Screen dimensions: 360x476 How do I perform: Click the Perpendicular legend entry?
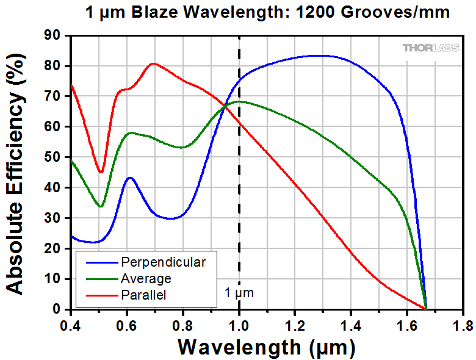(x=164, y=262)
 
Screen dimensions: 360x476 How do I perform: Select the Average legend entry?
(x=146, y=279)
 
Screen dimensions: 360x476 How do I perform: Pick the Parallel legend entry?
(x=143, y=295)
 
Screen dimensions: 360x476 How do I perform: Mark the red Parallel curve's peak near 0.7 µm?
(x=153, y=63)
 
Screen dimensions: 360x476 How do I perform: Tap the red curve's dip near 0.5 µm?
(x=101, y=172)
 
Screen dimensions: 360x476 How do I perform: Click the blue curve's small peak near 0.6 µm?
(x=130, y=178)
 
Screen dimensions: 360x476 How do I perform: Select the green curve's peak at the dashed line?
(x=239, y=101)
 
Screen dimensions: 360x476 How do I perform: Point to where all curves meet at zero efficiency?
(x=425, y=309)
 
